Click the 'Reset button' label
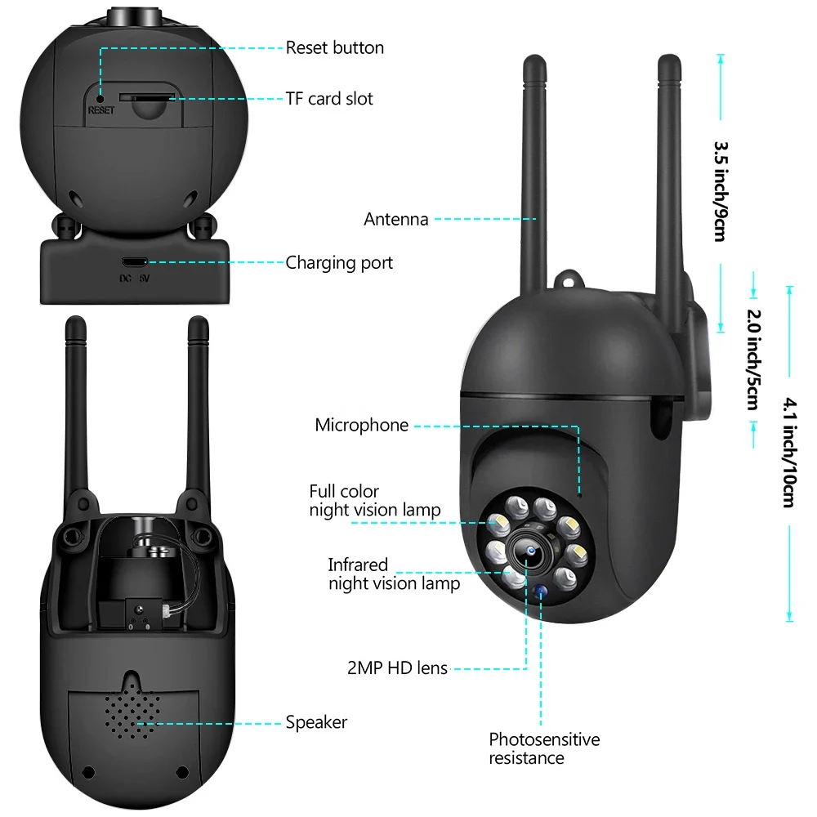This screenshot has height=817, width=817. point(334,47)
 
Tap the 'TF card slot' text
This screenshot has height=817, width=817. point(328,99)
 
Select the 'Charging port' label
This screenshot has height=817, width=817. point(339,263)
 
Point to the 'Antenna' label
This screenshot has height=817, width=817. point(396,219)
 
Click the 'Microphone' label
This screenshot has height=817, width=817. point(361,426)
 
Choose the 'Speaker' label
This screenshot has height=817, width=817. point(316,722)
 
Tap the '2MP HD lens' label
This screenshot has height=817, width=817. point(398,668)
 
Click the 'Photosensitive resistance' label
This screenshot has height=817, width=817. point(544,748)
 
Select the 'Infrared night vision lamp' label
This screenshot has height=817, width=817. point(394,574)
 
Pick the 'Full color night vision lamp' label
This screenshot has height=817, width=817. point(374,500)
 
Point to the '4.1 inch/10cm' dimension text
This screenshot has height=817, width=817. point(788,452)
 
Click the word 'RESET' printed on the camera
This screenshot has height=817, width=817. point(101,109)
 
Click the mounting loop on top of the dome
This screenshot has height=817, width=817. point(569,280)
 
